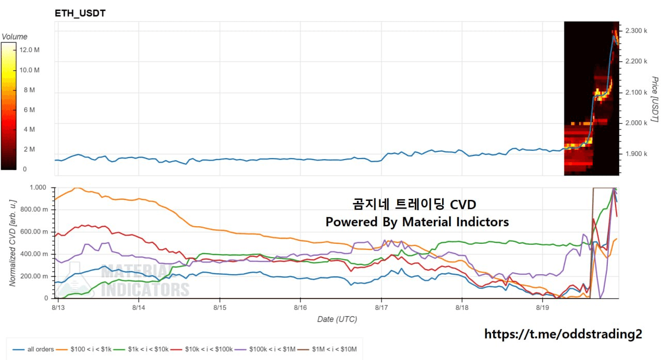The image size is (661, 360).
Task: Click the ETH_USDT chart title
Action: coord(80,13)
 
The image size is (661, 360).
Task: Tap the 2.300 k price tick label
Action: coord(636,30)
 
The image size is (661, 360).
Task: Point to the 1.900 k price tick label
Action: coord(636,154)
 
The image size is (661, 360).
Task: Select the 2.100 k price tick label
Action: coord(636,92)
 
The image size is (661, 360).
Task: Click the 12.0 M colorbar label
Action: coord(29,50)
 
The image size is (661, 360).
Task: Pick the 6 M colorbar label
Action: coord(29,110)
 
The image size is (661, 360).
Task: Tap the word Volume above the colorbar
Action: coord(14,37)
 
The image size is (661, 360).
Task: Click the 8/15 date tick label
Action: coord(220,307)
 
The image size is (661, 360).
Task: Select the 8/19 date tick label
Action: coord(542,307)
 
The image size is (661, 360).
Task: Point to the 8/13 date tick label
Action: coord(58,307)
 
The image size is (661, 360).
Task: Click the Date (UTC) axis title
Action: coord(337,319)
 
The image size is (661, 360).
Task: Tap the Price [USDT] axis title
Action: coord(655,99)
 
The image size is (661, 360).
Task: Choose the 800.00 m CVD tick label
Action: coord(34,210)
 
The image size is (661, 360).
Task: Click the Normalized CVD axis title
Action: coord(12,243)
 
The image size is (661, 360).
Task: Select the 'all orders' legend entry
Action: coord(33,349)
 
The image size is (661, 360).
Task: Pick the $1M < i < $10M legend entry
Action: coord(327,349)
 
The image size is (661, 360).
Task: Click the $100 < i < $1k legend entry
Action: coord(84,349)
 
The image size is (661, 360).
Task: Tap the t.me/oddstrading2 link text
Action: coord(563,334)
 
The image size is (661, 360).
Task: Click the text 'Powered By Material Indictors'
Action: coord(417,222)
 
